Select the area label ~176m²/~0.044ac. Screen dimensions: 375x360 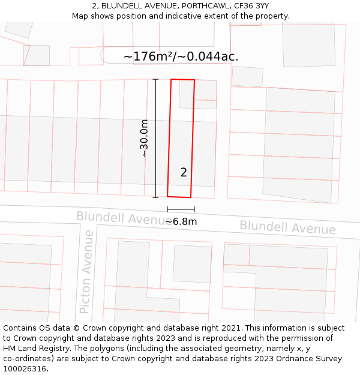click(181, 56)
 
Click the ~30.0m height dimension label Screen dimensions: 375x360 click(144, 138)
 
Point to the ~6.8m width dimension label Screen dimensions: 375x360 click(181, 221)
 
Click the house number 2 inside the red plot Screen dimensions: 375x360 click(184, 173)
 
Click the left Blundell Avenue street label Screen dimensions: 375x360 click(120, 218)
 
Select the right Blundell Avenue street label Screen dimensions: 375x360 click(287, 227)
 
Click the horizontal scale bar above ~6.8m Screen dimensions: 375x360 click(181, 209)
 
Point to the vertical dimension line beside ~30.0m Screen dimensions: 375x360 click(155, 138)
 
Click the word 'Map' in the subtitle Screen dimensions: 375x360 click(80, 16)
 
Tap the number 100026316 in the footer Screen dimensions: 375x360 click(25, 369)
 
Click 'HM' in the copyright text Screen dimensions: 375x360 click(11, 349)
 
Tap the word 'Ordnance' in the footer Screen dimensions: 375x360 click(304, 359)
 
